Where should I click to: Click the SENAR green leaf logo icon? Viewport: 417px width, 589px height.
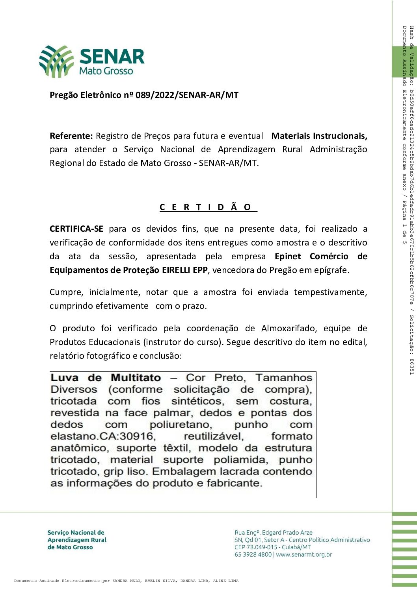click(56, 61)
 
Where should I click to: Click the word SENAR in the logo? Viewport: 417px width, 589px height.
click(112, 57)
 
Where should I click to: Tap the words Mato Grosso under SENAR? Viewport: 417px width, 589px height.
click(106, 71)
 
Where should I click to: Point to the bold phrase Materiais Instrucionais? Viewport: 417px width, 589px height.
click(319, 136)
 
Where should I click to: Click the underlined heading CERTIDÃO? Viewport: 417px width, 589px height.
click(208, 207)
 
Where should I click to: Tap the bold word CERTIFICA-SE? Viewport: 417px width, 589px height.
click(76, 229)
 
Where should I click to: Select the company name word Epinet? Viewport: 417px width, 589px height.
click(288, 257)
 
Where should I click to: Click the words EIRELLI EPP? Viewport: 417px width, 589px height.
click(185, 270)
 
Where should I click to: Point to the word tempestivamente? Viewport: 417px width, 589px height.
click(330, 292)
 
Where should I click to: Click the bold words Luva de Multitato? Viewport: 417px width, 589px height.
click(106, 378)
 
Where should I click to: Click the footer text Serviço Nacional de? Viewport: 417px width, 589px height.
click(76, 533)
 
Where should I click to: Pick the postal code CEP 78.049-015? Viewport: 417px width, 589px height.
click(261, 547)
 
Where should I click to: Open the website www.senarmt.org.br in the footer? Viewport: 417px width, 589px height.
click(304, 555)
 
